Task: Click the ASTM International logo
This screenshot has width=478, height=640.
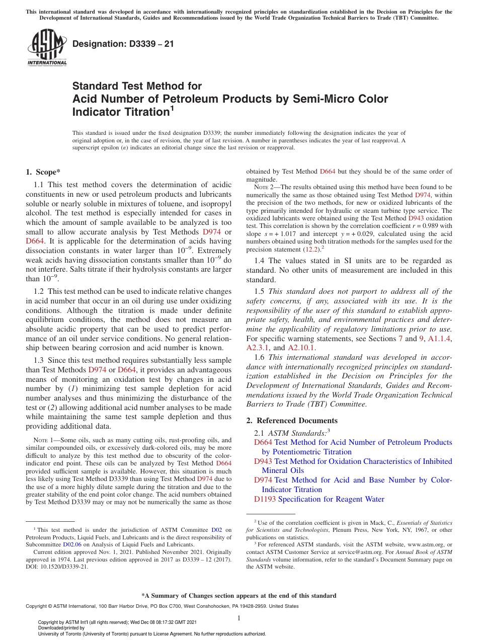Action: point(47,48)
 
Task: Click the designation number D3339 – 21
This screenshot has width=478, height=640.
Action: point(123,44)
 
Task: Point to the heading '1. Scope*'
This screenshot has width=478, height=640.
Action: point(43,172)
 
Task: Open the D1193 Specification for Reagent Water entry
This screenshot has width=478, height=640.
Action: point(319,499)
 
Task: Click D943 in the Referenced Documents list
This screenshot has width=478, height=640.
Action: point(263,461)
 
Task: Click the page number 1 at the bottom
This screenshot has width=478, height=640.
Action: point(239,618)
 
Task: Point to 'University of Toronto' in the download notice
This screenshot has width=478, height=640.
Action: point(69,634)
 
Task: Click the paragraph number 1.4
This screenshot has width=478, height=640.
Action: point(260,261)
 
